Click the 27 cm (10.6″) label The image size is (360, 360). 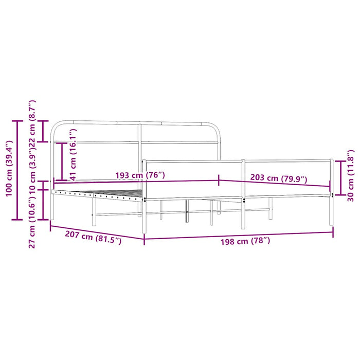32,221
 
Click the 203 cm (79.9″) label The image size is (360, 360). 278,178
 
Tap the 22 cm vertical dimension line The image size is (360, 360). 44,131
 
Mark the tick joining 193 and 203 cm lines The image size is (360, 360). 220,180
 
